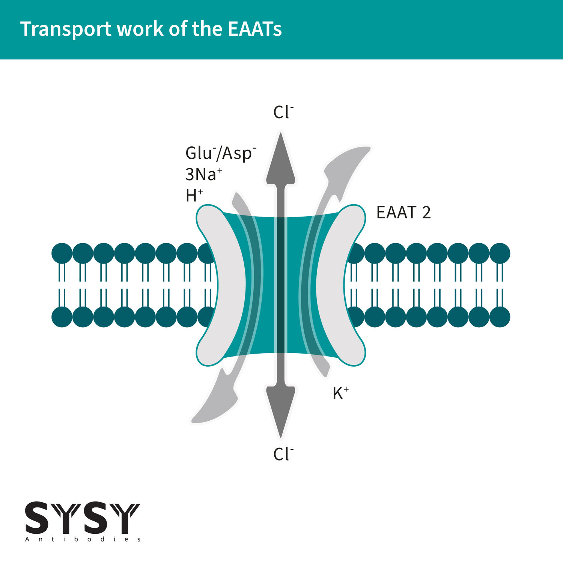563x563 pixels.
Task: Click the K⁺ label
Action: pos(340,393)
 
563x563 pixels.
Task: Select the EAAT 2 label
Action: pos(403,212)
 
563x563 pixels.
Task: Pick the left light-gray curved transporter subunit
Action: pos(221,285)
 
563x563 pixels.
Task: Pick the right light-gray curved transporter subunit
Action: pos(340,285)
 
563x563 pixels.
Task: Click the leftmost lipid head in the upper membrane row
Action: pos(62,253)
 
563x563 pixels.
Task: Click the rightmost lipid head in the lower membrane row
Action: pos(500,317)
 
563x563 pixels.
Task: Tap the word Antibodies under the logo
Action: pos(83,539)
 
